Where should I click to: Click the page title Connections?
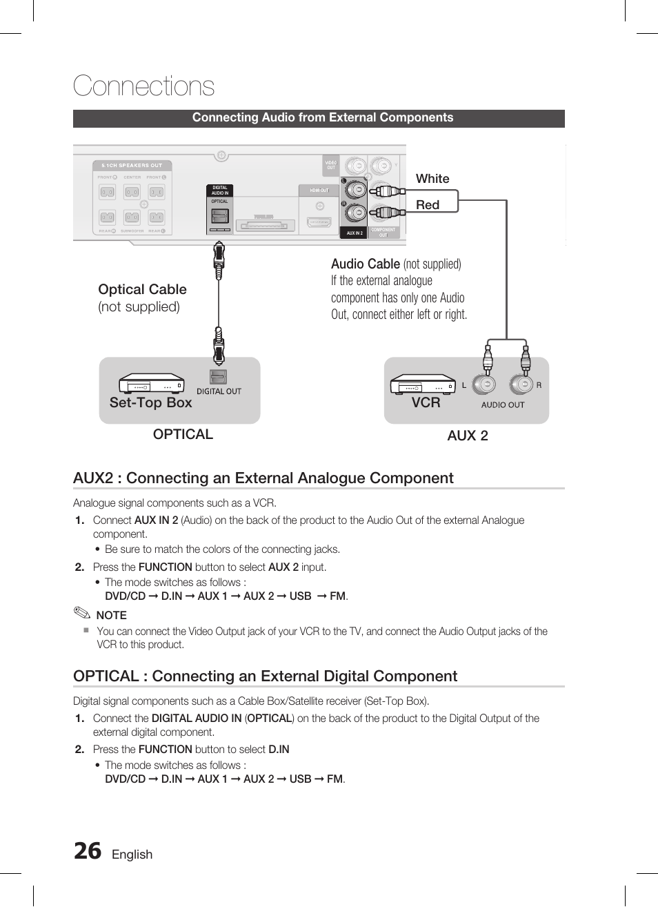143,86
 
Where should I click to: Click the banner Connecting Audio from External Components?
322,118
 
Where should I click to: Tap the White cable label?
432,179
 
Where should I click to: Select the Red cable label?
428,205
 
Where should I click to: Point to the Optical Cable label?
142,289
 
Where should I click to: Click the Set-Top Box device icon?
151,383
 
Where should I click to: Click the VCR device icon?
423,384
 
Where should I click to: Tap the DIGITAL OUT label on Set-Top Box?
219,391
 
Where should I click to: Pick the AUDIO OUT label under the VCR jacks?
503,405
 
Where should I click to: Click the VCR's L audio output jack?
486,384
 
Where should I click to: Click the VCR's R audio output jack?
521,384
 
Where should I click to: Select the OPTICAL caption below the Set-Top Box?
183,434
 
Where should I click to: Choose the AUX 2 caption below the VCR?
467,436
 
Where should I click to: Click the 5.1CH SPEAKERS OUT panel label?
132,166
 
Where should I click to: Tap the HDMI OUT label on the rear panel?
319,191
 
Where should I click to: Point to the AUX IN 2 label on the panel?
355,233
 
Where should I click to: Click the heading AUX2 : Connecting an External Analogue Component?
263,478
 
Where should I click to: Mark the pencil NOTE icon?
82,614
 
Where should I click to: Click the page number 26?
88,852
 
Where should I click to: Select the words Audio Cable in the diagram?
365,264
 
